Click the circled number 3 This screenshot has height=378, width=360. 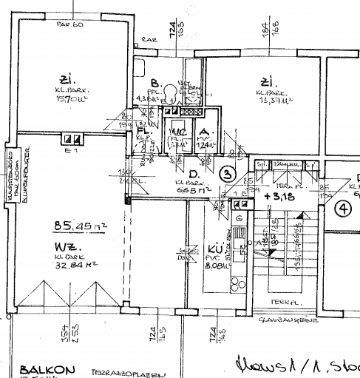(x=229, y=175)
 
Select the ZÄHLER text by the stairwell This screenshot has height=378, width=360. (x=285, y=163)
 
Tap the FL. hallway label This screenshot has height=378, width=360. (x=142, y=131)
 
